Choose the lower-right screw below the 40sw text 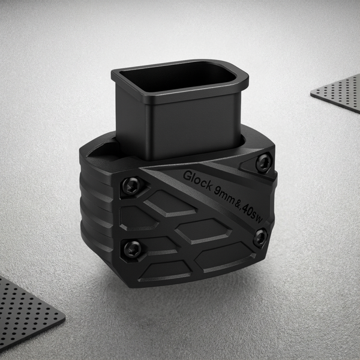click(260, 238)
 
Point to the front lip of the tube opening click(180, 96)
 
